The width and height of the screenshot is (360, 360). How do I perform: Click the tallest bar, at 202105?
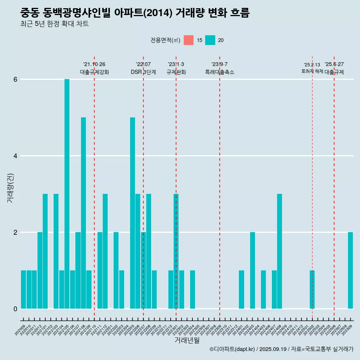point(67,194)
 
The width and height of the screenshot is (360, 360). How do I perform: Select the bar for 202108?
point(83,213)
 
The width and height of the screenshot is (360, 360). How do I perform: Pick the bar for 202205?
point(132,213)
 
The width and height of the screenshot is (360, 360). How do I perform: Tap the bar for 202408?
point(279,251)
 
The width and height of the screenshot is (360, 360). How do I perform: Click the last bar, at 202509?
point(350,270)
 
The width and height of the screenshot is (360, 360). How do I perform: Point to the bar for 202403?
point(252,270)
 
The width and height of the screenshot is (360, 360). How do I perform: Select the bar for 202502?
point(312,289)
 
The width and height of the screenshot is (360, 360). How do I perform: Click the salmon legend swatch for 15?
point(189,40)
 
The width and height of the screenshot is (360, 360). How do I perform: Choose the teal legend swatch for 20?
point(210,40)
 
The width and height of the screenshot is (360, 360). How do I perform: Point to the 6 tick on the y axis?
point(15,79)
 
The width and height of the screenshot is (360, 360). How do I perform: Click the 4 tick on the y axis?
point(15,156)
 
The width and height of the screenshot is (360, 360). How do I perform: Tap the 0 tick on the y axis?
point(15,309)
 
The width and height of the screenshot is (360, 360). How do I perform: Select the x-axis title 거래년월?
point(187,340)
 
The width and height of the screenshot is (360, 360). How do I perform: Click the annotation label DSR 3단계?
point(143,72)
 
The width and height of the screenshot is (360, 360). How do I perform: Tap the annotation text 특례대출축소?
point(219,72)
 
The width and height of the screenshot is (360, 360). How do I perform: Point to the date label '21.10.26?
point(94,64)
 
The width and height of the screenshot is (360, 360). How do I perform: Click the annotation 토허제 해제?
point(312,71)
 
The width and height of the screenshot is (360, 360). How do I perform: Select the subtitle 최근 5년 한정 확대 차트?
point(55,24)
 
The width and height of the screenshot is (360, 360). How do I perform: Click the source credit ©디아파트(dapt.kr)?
point(232,349)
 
